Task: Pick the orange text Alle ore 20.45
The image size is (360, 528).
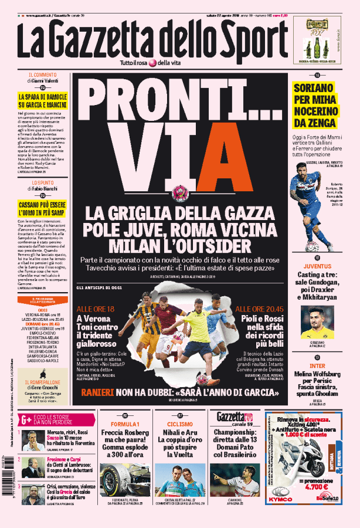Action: point(260,309)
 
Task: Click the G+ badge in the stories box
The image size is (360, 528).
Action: point(25,419)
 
